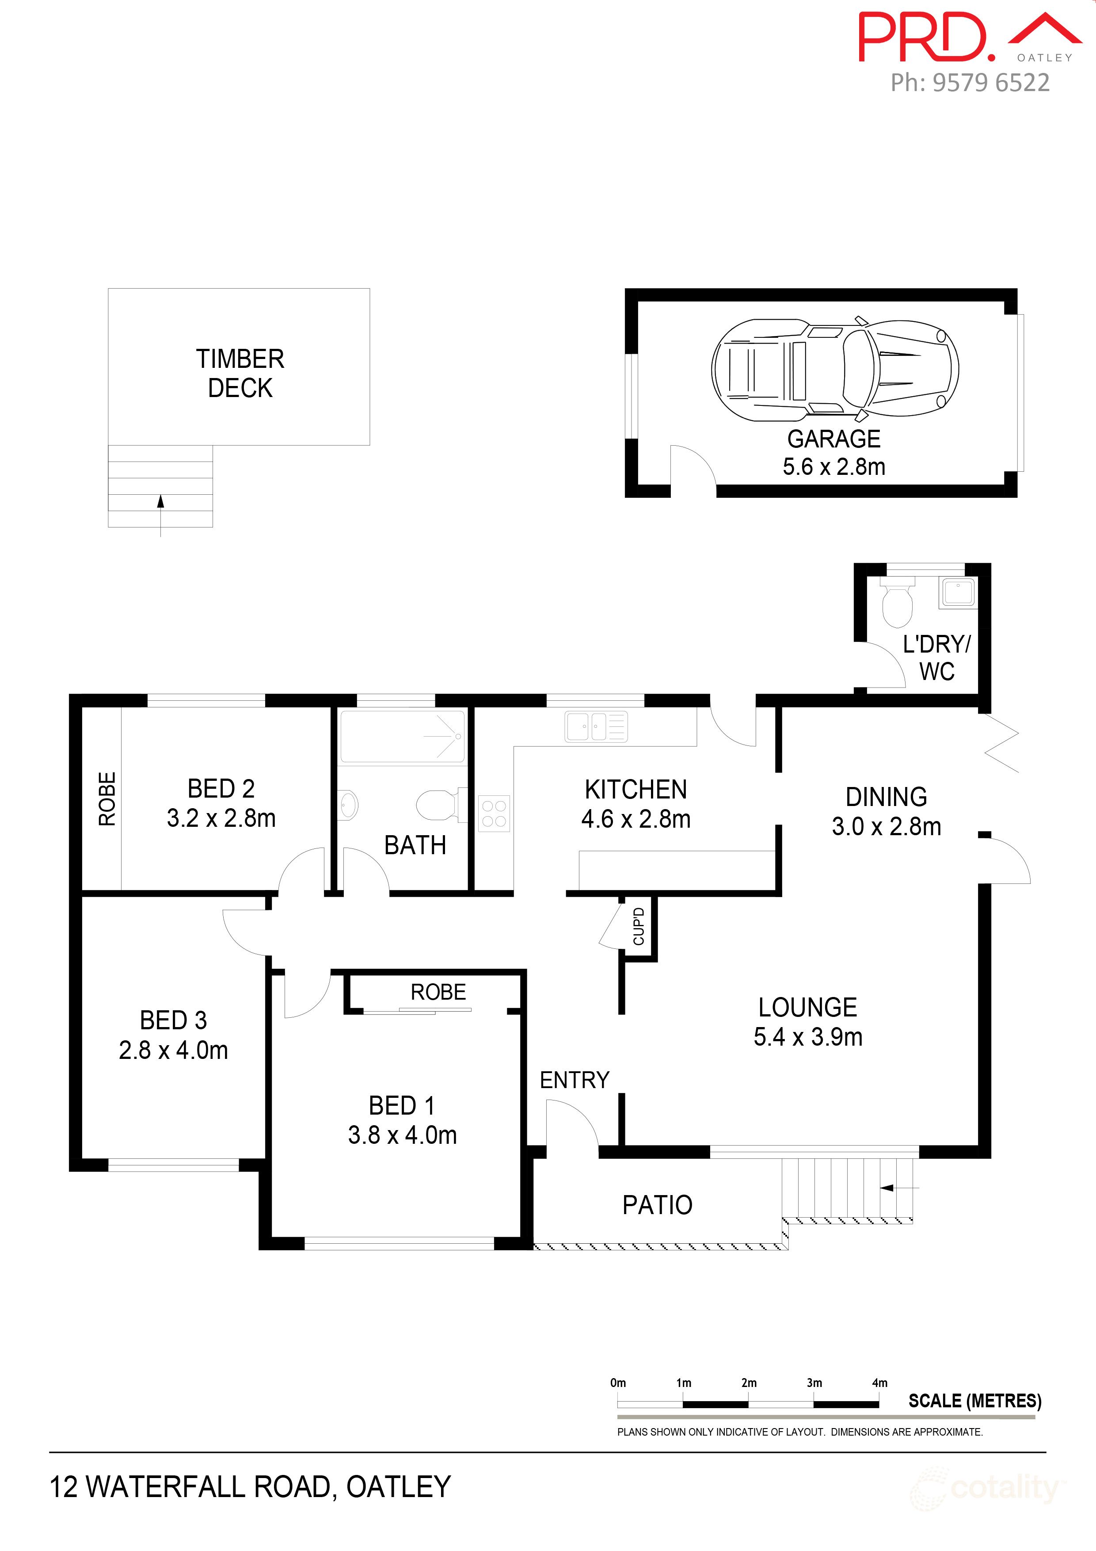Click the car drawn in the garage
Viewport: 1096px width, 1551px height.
coord(835,370)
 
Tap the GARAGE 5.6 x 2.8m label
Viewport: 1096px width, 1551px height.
coord(833,453)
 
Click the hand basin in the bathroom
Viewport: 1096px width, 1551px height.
coord(348,805)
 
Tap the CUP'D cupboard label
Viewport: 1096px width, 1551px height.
coord(638,926)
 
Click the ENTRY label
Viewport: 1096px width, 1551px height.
coord(574,1080)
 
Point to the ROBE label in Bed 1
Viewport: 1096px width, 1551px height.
coord(438,992)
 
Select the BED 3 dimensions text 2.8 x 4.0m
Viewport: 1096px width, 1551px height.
coord(174,1051)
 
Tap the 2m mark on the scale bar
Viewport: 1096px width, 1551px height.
coord(748,1383)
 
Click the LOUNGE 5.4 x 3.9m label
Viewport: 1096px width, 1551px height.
coord(808,1021)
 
